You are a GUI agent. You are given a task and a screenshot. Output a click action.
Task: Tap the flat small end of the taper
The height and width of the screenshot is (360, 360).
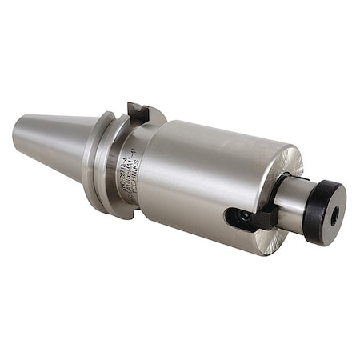(18, 130)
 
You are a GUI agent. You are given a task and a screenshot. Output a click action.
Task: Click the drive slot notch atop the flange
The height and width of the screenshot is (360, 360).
(138, 112)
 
